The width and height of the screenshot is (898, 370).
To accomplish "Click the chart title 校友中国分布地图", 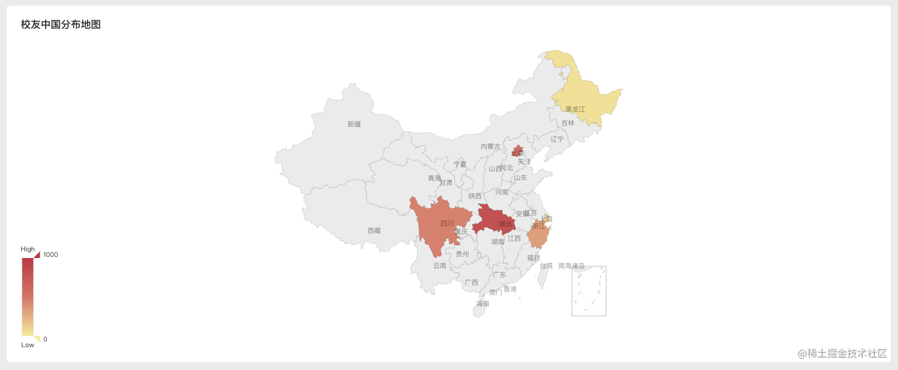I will (x=61, y=25).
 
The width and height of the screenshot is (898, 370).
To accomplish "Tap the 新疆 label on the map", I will (x=354, y=124).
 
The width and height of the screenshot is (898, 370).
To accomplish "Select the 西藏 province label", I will (x=374, y=231).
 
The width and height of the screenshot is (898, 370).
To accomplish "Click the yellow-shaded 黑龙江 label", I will (x=575, y=109).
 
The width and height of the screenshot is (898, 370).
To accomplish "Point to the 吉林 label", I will (x=567, y=123).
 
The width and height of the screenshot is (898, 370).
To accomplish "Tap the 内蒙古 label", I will (x=491, y=147).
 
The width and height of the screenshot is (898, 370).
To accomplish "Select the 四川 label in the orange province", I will (x=447, y=223).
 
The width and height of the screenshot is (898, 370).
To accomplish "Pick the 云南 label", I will (x=440, y=266).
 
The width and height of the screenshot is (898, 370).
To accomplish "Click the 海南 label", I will (x=483, y=304).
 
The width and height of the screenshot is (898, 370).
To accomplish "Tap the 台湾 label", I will (x=546, y=266).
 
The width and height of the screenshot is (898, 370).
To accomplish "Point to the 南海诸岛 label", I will (x=571, y=266).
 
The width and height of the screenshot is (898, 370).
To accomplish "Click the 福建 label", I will (x=533, y=258).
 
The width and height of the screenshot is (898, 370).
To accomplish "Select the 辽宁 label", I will (x=557, y=139).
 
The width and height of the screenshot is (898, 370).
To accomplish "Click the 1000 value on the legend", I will (x=51, y=255).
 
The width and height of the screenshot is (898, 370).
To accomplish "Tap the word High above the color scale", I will (x=28, y=249).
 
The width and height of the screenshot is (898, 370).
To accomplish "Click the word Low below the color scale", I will (x=28, y=345).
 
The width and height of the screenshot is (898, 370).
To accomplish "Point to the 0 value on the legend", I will (x=45, y=339).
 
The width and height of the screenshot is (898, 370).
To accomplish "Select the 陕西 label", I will (x=475, y=196).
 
